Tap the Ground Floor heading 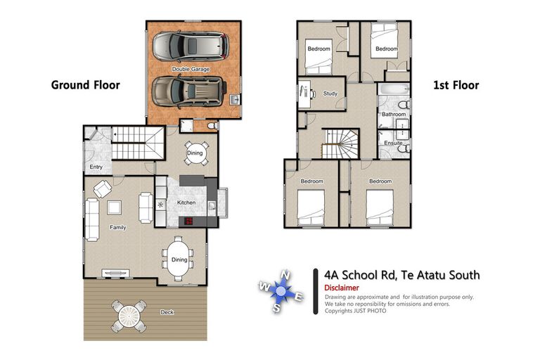85,85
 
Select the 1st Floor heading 455,85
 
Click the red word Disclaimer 342,288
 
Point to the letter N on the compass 284,274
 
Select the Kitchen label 186,202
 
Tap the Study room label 330,94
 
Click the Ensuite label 393,143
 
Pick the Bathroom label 393,114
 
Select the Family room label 117,227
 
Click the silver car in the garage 189,46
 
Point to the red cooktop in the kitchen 191,221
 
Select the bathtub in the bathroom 392,91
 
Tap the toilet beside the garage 212,127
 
